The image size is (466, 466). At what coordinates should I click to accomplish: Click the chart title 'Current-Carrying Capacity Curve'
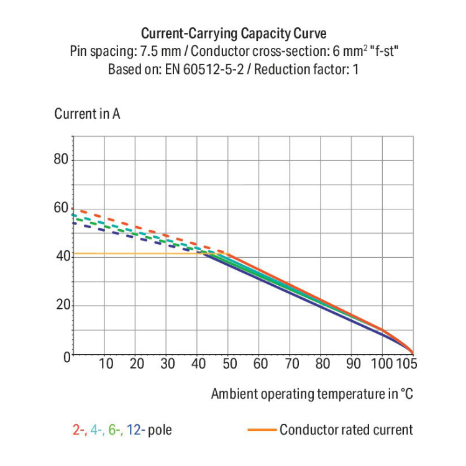233,34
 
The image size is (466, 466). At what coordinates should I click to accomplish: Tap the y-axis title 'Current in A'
87,114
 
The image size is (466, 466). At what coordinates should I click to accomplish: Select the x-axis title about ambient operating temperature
312,394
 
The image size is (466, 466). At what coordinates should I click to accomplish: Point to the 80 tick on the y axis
60,160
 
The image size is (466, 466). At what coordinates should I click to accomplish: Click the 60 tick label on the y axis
60,208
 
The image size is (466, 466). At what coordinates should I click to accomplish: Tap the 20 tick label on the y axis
60,305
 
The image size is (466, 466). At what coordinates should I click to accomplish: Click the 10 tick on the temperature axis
106,364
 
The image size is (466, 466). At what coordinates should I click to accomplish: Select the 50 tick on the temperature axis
229,364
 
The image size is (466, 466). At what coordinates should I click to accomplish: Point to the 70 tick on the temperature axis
291,364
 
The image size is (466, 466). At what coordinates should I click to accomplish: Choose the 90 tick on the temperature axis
352,364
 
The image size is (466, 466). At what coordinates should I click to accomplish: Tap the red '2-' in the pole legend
79,430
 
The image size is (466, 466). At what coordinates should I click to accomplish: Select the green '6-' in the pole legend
116,430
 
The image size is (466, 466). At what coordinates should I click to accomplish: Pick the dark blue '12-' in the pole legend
136,430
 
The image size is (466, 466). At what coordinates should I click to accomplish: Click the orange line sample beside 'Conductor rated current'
262,429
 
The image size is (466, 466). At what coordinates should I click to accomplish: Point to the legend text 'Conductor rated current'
346,430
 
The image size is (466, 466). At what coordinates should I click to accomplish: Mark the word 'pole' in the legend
160,430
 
